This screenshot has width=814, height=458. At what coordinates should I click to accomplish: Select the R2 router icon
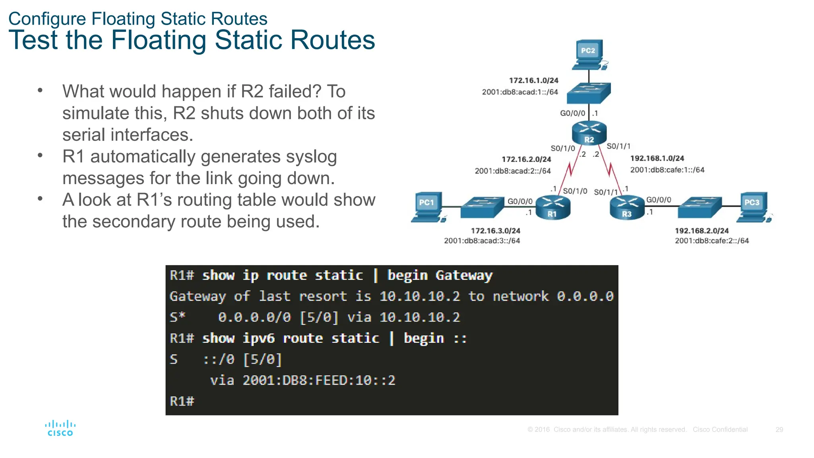[589, 133]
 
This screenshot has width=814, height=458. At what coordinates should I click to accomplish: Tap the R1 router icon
[553, 207]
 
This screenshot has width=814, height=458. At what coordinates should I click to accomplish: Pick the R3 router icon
[627, 207]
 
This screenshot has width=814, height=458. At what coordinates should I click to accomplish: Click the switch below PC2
[588, 93]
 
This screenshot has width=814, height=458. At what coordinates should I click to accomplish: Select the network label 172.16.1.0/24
[533, 80]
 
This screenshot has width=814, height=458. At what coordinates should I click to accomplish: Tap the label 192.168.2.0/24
[702, 231]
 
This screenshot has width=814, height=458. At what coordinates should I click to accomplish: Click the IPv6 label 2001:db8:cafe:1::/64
[667, 170]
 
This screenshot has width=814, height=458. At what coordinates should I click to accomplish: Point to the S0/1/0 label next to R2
[562, 148]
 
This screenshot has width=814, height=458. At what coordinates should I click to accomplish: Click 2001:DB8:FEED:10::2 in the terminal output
[319, 380]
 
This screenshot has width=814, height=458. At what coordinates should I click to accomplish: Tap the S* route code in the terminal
[177, 317]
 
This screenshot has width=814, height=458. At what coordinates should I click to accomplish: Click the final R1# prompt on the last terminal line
[182, 401]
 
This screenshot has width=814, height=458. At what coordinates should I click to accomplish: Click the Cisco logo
[60, 428]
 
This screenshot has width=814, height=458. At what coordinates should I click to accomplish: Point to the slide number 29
[779, 429]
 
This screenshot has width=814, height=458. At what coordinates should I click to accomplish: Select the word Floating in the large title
[158, 40]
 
